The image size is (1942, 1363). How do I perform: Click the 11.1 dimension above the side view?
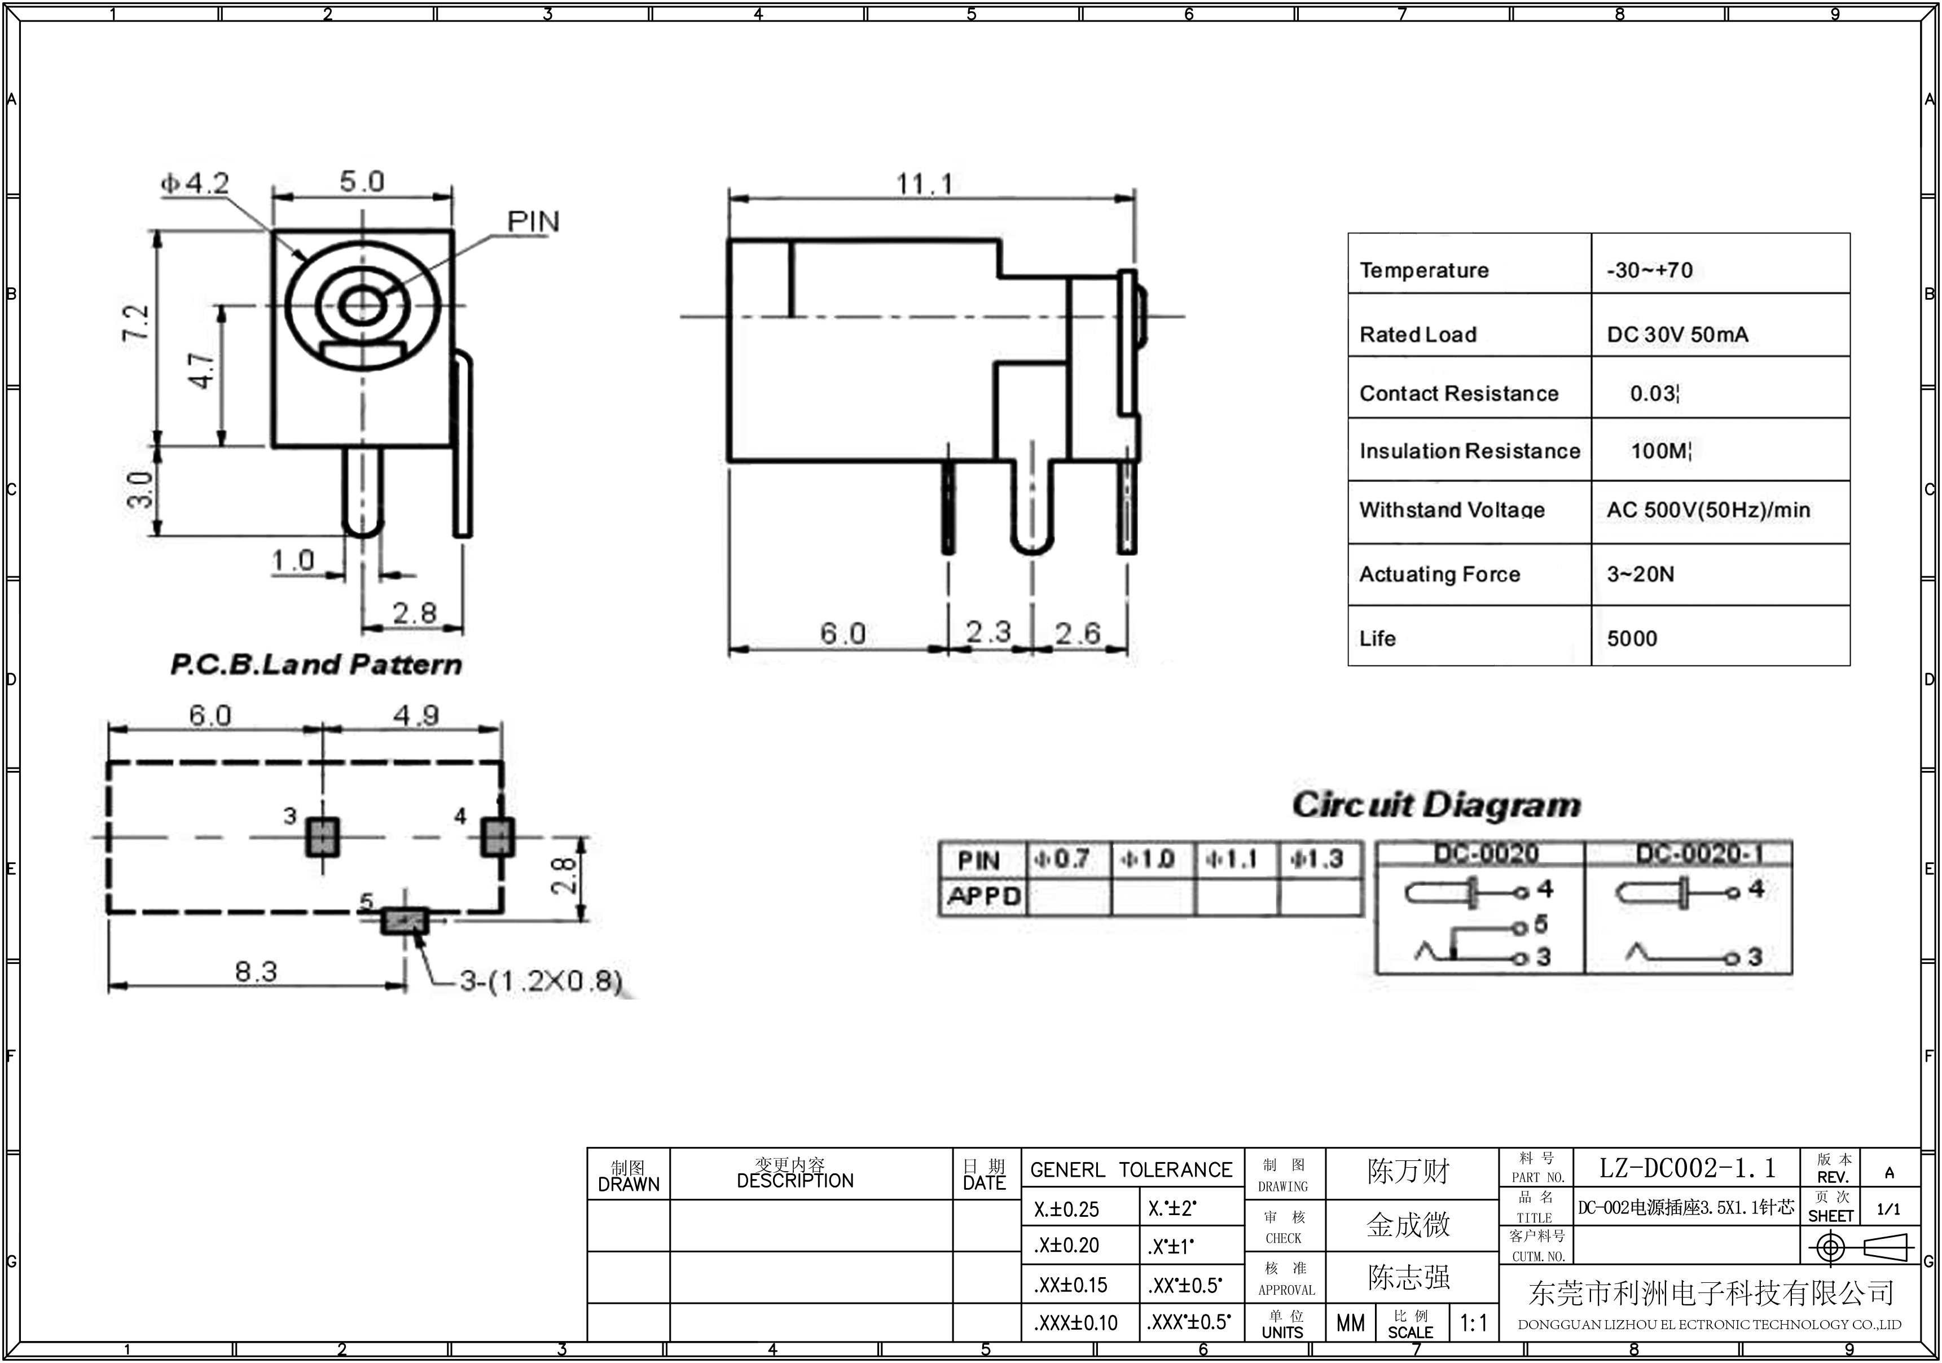(925, 183)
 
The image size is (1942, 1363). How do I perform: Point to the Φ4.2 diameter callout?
(195, 183)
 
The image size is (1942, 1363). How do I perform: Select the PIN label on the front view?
(533, 222)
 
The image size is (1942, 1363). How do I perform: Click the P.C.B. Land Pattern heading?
(317, 664)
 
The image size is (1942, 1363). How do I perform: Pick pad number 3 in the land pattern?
(322, 837)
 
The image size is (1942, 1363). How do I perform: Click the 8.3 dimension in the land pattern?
(256, 971)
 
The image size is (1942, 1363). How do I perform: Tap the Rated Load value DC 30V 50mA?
(1677, 334)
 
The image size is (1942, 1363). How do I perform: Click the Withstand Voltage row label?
(1452, 509)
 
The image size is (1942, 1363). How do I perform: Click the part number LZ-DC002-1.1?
(1686, 1168)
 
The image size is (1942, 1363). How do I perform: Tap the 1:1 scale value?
(1473, 1322)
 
